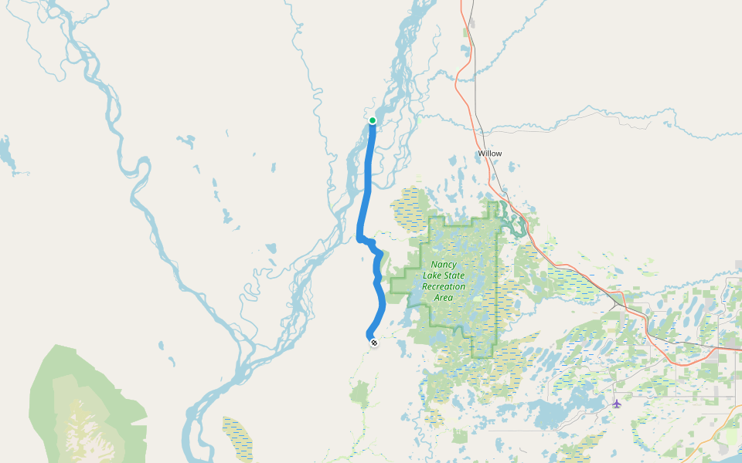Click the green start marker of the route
pyautogui.click(x=373, y=120)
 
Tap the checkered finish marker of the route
pyautogui.click(x=374, y=342)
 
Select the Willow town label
pyautogui.click(x=489, y=154)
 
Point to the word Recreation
pyautogui.click(x=444, y=286)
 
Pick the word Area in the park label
pyautogui.click(x=444, y=297)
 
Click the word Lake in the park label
pyautogui.click(x=431, y=275)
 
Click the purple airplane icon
pyautogui.click(x=616, y=403)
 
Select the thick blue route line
pyautogui.click(x=367, y=193)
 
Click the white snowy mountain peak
pyautogui.click(x=77, y=428)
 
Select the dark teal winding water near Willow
pyautogui.click(x=512, y=220)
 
